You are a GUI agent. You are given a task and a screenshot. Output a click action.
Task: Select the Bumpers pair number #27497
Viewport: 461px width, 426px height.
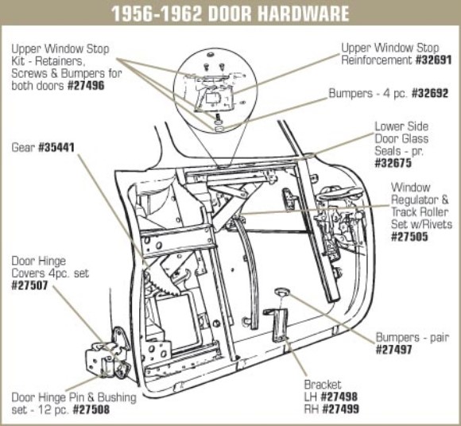tap(393, 349)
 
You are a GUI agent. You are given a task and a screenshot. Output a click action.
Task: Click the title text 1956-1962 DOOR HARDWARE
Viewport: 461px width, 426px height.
tap(230, 14)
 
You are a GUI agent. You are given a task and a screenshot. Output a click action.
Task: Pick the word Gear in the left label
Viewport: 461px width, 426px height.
tap(22, 146)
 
